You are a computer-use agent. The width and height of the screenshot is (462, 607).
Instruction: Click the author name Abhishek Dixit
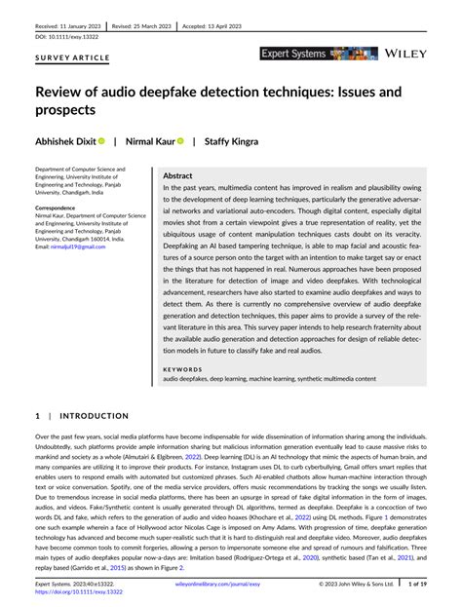pyautogui.click(x=65, y=141)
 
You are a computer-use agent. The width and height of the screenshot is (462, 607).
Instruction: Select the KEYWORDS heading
pyautogui.click(x=182, y=369)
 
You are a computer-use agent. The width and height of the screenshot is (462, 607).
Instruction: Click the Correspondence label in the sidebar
pyautogui.click(x=57, y=208)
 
